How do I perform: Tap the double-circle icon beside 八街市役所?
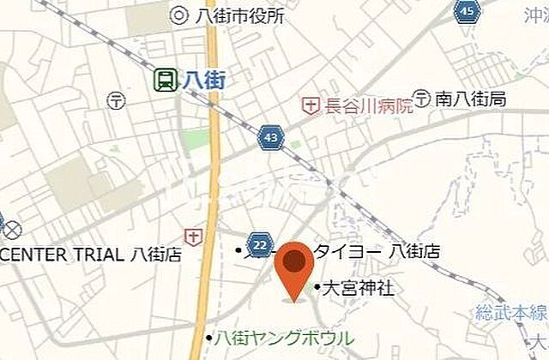coord(178,15)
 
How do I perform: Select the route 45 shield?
coord(467,11)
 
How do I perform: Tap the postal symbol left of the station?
coord(116,100)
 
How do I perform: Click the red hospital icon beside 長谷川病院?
coord(309,105)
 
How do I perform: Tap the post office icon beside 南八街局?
coord(422,98)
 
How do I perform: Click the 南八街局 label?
coord(469,99)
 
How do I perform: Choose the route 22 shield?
coord(261,243)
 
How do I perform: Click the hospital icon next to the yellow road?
coord(195,236)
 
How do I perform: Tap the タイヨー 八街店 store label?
coord(377,252)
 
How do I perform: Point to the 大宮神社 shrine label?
coord(358,289)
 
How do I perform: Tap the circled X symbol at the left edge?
coord(11,230)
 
